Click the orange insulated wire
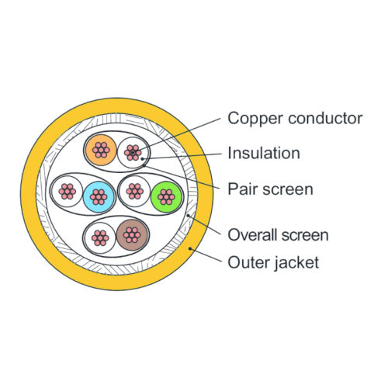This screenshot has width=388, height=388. point(101,150)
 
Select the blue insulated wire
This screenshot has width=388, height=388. point(99,197)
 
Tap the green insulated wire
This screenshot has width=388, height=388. point(166,197)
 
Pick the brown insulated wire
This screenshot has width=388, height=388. point(132,235)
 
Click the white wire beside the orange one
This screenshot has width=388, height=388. point(133,152)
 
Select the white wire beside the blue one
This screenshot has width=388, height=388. point(67,192)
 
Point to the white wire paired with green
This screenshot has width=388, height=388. point(134,191)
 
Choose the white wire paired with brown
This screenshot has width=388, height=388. point(100,238)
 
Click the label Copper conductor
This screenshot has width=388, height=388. point(295,118)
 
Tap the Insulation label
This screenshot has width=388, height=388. point(264,153)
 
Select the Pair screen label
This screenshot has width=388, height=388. point(270,189)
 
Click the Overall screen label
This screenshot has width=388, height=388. point(278,235)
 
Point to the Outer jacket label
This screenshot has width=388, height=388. point(273,262)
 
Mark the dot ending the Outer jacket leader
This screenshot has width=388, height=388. point(190,248)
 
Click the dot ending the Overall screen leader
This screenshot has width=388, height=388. point(188,215)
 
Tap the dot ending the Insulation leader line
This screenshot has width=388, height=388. point(143,158)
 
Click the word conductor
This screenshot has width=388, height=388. point(325,119)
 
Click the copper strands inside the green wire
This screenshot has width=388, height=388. point(166,197)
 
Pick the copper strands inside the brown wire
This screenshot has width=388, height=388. point(132,235)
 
